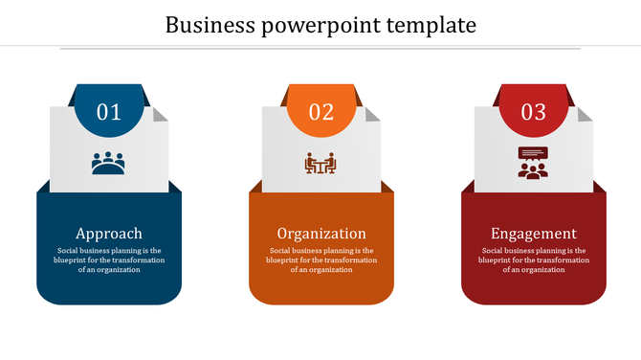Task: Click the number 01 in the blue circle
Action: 109,112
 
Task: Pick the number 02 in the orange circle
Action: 321,112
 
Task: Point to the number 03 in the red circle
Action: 534,112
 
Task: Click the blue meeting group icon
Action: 108,163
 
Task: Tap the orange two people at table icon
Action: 320,164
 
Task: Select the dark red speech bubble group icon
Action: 533,163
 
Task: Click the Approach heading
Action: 109,233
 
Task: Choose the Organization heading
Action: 321,233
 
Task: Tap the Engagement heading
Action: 534,233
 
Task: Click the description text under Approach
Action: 109,259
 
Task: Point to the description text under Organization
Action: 321,259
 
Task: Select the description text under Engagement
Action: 534,259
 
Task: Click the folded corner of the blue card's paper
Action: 162,114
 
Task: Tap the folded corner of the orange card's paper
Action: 374,114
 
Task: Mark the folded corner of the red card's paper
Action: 586,114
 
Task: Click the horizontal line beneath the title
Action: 320,48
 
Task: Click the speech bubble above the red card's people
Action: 533,153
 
